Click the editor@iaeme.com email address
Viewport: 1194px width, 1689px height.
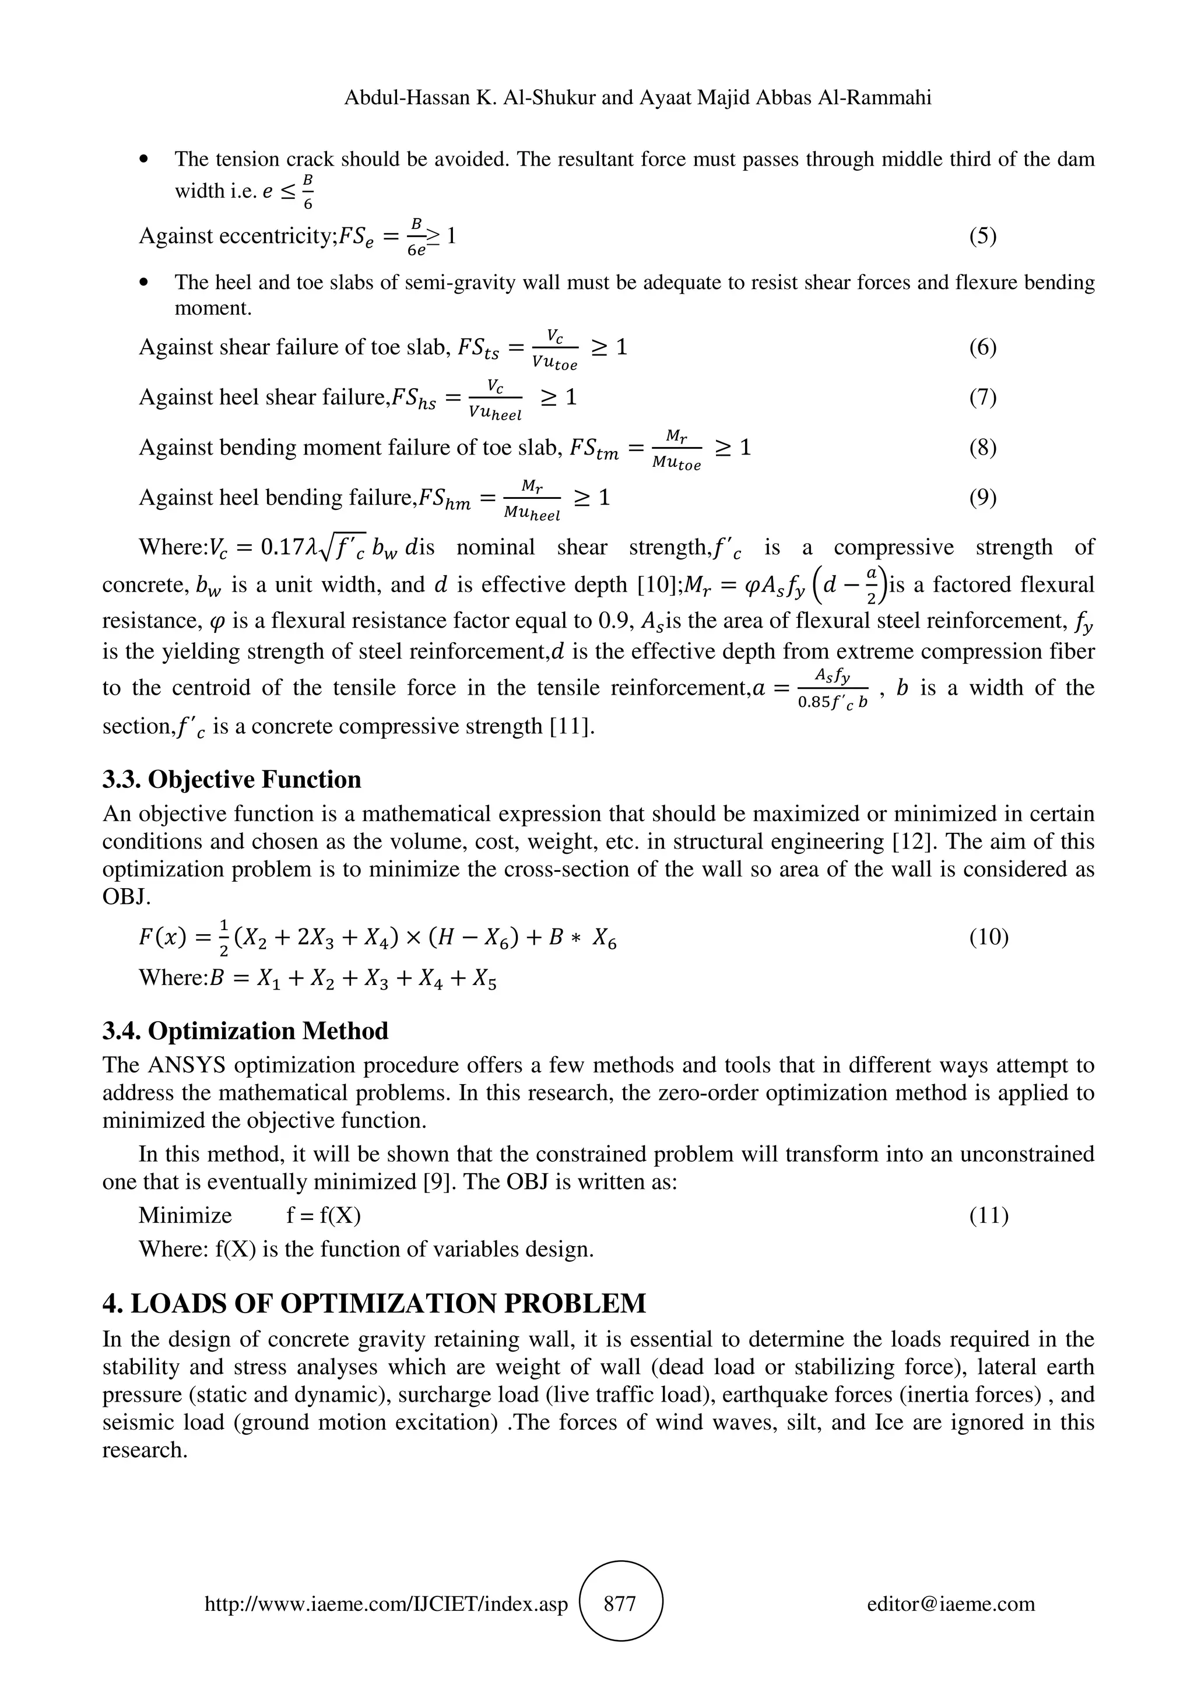950,1604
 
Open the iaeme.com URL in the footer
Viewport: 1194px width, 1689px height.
386,1604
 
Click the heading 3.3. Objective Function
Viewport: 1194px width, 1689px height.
231,780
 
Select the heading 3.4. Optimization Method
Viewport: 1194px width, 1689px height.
245,1030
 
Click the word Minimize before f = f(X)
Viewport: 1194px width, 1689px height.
185,1215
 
